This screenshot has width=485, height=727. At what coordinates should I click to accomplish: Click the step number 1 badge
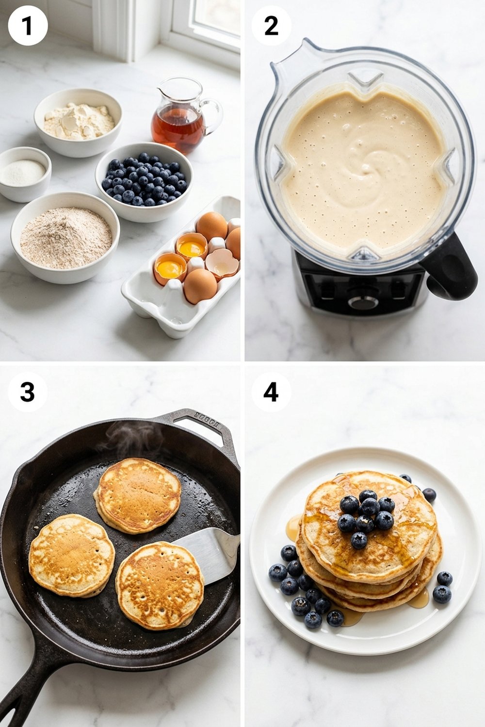pyautogui.click(x=28, y=26)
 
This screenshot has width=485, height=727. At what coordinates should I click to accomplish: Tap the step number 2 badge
pyautogui.click(x=271, y=26)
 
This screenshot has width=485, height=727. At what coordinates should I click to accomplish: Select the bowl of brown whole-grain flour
pyautogui.click(x=65, y=237)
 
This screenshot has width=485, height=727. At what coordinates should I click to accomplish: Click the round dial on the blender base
pyautogui.click(x=363, y=302)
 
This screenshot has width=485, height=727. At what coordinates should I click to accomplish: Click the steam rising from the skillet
pyautogui.click(x=129, y=439)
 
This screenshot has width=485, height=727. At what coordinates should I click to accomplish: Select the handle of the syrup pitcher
pyautogui.click(x=213, y=114)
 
